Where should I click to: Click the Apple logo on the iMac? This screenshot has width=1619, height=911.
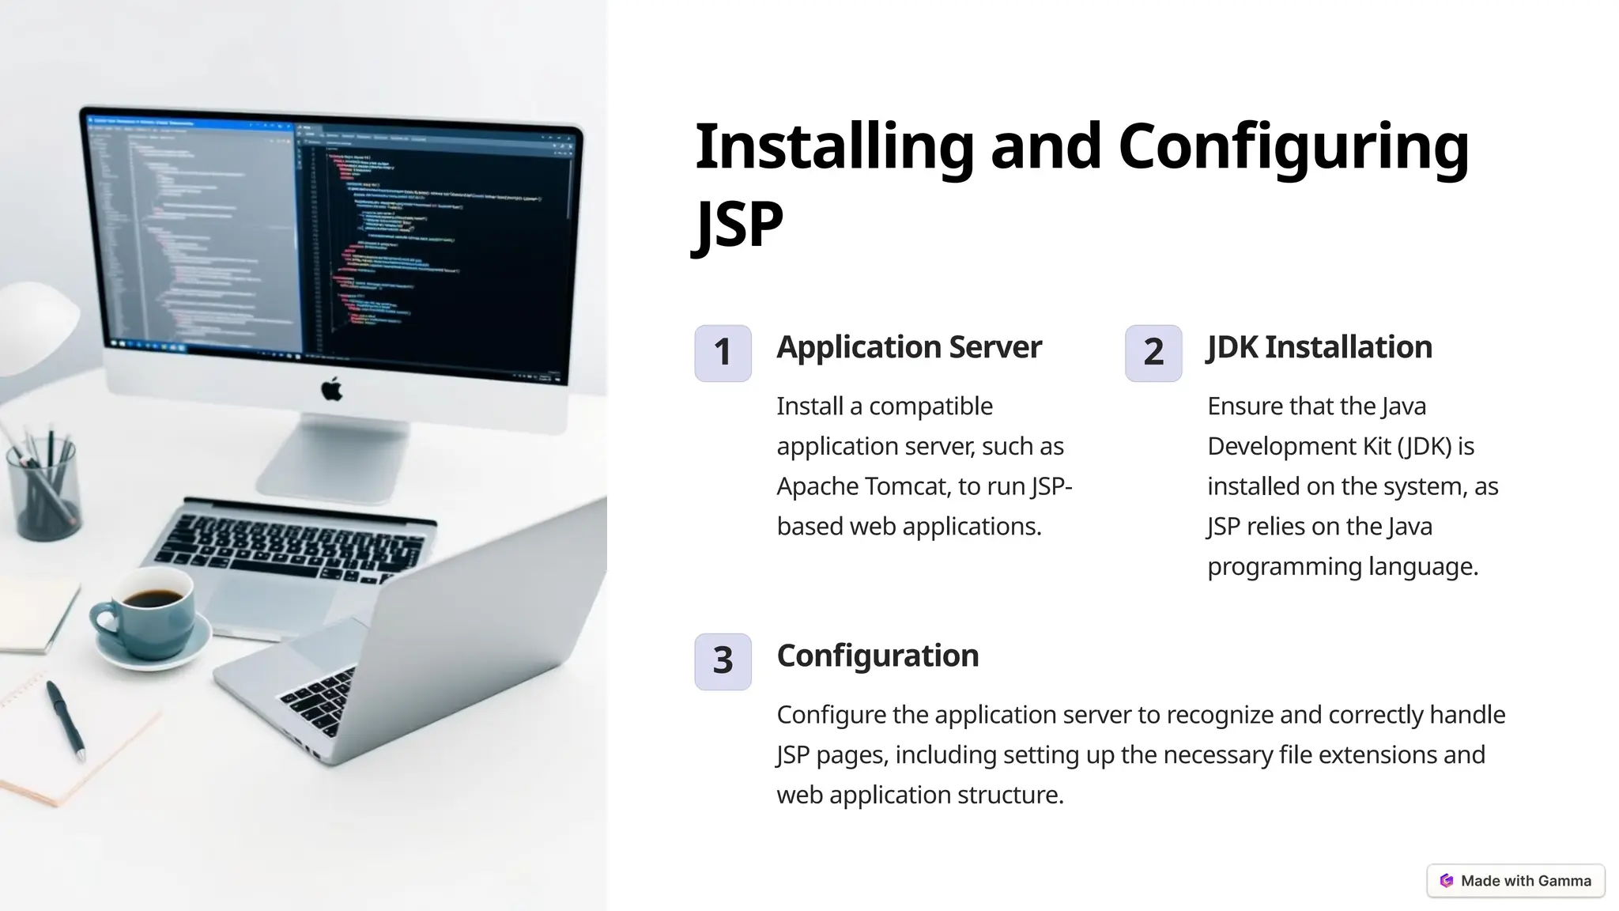(x=332, y=389)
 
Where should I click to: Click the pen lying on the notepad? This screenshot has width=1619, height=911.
(x=66, y=720)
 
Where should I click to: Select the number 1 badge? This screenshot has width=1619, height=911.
(x=723, y=353)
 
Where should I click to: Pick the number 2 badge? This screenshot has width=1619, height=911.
(x=1153, y=353)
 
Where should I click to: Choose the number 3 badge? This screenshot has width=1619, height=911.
(x=723, y=661)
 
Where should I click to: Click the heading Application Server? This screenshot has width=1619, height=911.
(x=909, y=347)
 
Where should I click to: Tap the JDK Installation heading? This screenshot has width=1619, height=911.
(x=1319, y=347)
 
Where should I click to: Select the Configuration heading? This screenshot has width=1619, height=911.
(x=877, y=656)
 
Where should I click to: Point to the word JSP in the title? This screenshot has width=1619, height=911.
(x=738, y=224)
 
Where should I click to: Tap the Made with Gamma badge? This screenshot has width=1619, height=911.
(x=1515, y=880)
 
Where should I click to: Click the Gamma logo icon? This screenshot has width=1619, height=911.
(x=1447, y=880)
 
